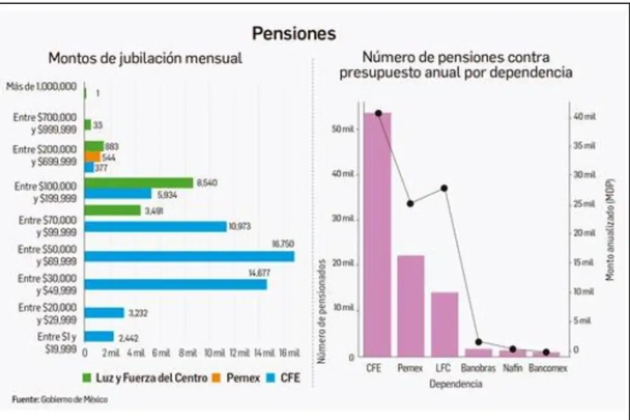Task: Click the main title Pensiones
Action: pyautogui.click(x=293, y=34)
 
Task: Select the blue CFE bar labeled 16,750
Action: pyautogui.click(x=189, y=256)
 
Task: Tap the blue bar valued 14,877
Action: pyautogui.click(x=175, y=284)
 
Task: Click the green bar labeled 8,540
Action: pyautogui.click(x=139, y=183)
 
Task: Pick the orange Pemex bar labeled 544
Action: pyautogui.click(x=92, y=156)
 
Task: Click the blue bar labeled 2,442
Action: pyautogui.click(x=99, y=336)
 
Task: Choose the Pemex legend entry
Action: pyautogui.click(x=237, y=377)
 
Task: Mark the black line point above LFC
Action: pyautogui.click(x=444, y=188)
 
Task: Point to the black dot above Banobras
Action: pyautogui.click(x=478, y=342)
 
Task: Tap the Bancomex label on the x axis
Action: pyautogui.click(x=548, y=368)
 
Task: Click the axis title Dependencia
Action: pyautogui.click(x=455, y=384)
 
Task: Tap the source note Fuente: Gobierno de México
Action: pyautogui.click(x=59, y=400)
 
